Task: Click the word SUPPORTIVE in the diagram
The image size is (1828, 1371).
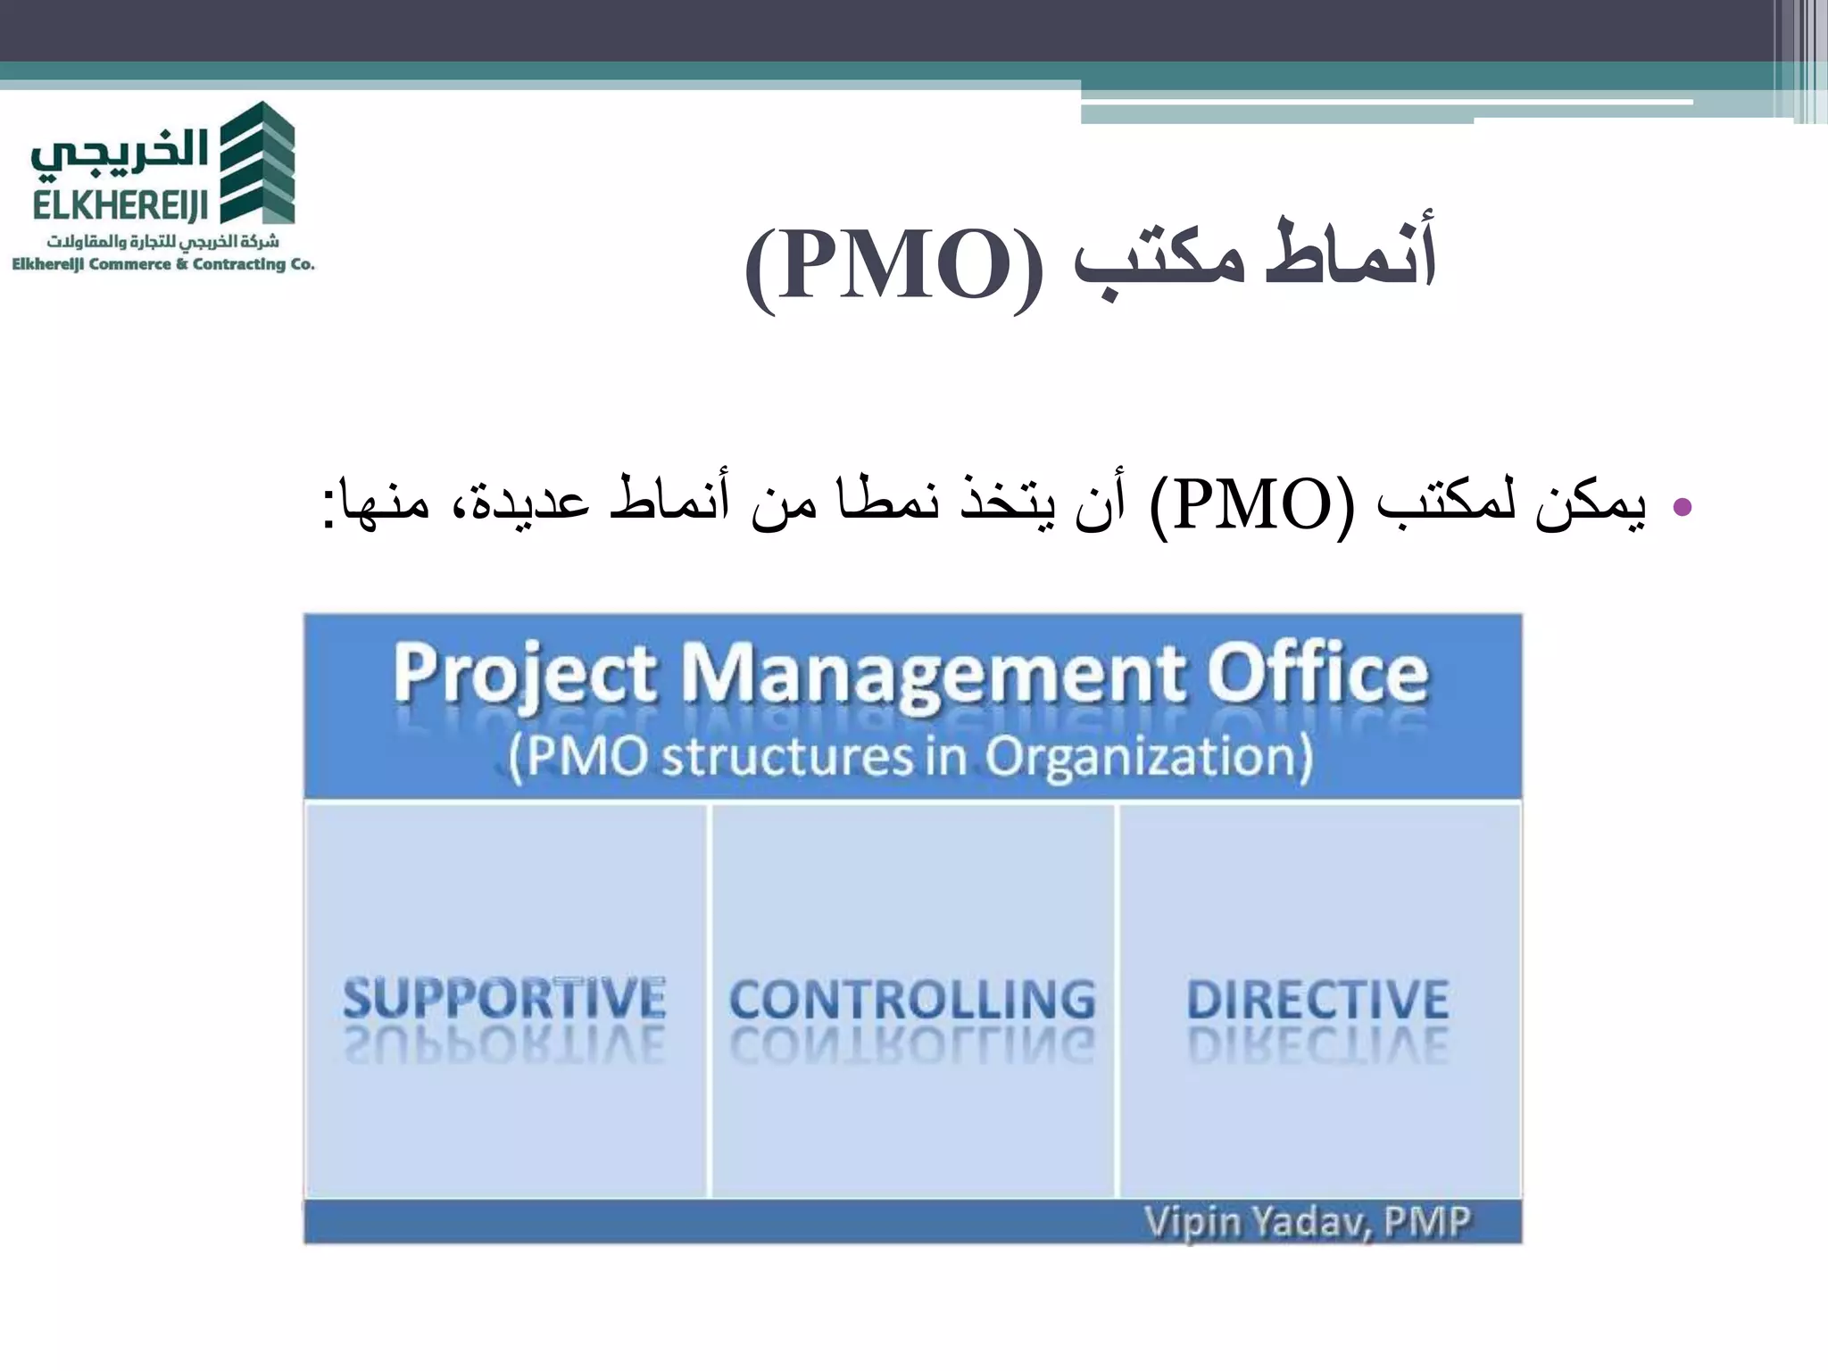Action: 504,998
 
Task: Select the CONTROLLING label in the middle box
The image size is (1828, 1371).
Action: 912,1000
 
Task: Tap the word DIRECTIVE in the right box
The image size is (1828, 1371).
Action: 1317,1000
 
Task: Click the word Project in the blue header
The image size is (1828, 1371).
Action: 525,677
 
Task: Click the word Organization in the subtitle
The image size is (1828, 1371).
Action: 1148,757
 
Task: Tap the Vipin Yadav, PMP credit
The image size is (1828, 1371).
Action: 1307,1221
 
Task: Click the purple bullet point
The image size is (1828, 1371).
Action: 1682,507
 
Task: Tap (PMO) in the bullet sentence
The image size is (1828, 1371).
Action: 1251,505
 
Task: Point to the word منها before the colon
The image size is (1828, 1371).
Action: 384,505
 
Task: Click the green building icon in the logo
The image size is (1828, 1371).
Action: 257,162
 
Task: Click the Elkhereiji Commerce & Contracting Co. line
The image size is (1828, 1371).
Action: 162,264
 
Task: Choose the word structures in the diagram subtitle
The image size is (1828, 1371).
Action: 787,757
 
